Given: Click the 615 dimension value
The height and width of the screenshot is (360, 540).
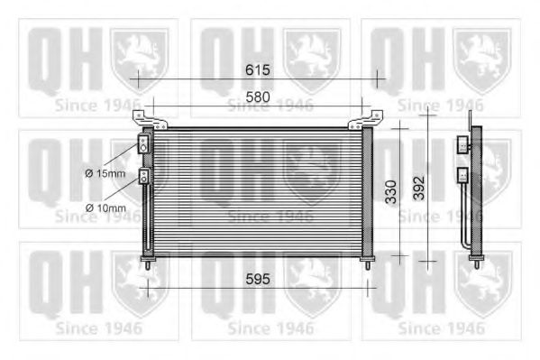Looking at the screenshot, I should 259,69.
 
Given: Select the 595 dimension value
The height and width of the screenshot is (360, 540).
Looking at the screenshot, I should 259,279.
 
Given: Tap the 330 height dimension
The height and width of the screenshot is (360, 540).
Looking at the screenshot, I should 389,193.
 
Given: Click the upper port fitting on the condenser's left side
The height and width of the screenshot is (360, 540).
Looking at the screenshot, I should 143,143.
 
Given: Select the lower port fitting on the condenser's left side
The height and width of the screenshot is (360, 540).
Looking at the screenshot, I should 143,175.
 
